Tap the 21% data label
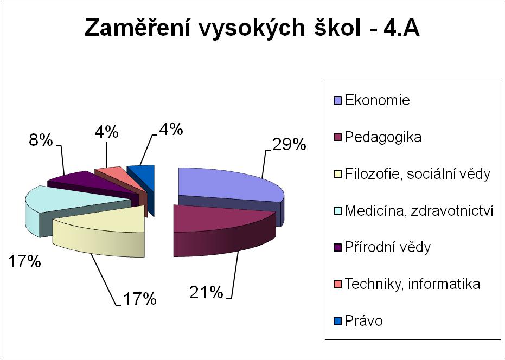click(x=206, y=292)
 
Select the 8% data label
click(x=41, y=140)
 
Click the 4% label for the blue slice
click(x=171, y=130)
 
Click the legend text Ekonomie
click(x=377, y=100)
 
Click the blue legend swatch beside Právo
click(x=338, y=321)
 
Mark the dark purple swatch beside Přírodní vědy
click(x=338, y=248)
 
